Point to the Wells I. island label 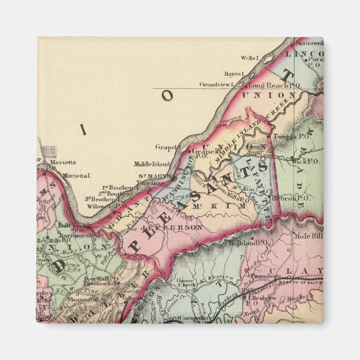[x=249, y=58]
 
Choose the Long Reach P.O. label [x=267, y=85]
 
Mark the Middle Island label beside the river [x=148, y=164]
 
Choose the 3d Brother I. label [x=100, y=198]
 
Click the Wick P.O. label [x=304, y=160]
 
